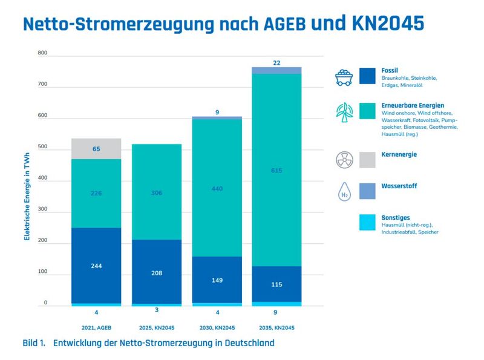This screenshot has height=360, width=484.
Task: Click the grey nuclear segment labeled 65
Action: pos(96,149)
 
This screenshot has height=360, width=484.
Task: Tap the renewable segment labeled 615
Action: pos(276,171)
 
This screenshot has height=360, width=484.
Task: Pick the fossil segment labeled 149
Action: pos(217,280)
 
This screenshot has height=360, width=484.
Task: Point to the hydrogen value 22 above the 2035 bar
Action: pos(276,63)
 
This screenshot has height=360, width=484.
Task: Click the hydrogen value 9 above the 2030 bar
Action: pos(217,112)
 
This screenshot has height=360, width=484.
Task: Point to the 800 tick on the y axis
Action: pos(42,53)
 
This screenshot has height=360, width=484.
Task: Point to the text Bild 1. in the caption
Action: pos(34,343)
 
